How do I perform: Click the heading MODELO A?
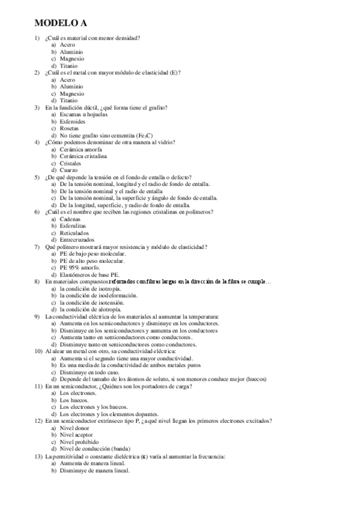tap(61, 23)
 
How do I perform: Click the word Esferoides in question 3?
tap(73, 121)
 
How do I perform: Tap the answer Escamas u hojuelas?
tap(82, 114)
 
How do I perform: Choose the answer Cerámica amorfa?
tap(81, 149)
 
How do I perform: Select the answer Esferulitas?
tap(73, 226)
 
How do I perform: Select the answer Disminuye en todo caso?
tap(88, 372)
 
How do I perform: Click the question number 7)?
tap(37, 247)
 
